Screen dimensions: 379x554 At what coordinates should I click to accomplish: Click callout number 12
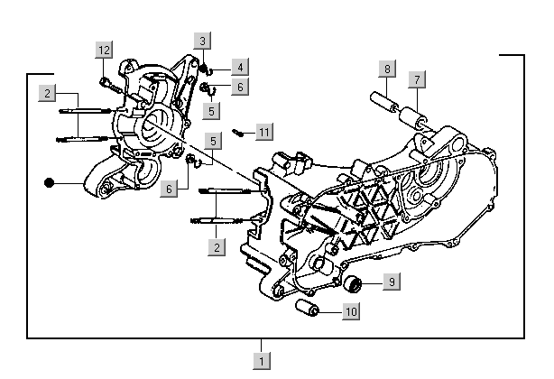click(x=105, y=49)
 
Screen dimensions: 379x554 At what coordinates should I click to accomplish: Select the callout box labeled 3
click(x=204, y=41)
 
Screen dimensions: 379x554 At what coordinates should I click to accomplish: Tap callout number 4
click(x=238, y=67)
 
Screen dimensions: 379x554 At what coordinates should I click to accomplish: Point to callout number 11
click(x=263, y=133)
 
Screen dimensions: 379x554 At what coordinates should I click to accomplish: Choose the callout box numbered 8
click(x=386, y=69)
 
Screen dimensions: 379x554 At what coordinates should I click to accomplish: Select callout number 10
click(x=351, y=311)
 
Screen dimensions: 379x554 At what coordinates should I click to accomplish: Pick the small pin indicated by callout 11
click(x=239, y=133)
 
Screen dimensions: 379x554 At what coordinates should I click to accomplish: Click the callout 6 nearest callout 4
click(x=238, y=87)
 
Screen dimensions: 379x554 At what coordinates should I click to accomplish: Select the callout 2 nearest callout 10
click(x=216, y=246)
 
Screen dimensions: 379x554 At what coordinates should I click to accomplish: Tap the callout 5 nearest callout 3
click(x=210, y=110)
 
